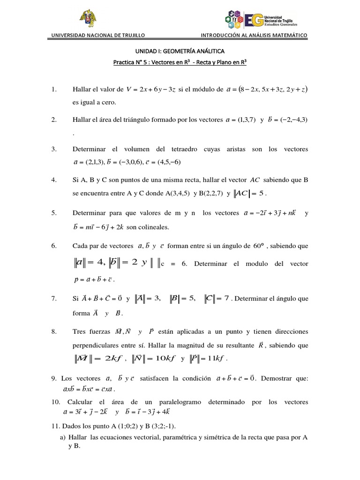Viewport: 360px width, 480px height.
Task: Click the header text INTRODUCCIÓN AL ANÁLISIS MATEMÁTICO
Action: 254,35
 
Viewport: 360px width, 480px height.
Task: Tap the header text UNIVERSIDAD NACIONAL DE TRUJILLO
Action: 98,35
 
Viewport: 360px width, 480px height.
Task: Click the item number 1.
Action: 54,89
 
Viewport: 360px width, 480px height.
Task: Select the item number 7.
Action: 54,298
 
